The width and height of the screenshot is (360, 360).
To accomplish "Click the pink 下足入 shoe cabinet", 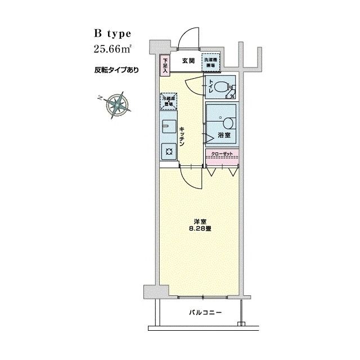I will click(x=165, y=64).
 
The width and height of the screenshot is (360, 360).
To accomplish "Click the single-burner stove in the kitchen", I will click(x=169, y=150).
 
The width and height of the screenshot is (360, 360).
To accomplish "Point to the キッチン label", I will click(x=183, y=137).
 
